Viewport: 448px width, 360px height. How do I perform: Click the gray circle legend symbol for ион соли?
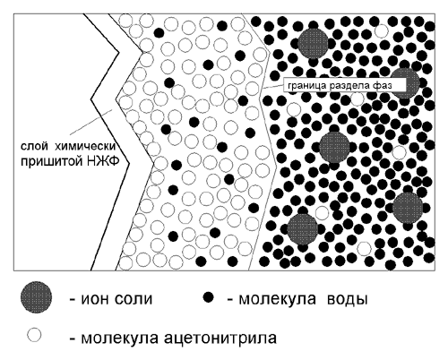(36, 297)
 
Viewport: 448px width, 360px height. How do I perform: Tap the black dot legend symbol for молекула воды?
(208, 297)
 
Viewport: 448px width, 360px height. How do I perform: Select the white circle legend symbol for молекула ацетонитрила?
(34, 335)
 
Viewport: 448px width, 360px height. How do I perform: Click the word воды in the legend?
(347, 299)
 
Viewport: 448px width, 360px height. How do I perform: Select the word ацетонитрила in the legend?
(220, 338)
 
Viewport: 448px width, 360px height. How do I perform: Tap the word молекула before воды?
(277, 299)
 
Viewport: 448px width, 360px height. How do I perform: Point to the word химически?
(86, 146)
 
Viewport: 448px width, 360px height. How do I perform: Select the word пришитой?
(51, 161)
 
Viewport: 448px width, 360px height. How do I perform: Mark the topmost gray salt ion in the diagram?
(313, 43)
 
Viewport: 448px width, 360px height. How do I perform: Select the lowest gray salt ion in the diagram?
(302, 229)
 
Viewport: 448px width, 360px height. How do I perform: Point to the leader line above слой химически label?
(90, 123)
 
